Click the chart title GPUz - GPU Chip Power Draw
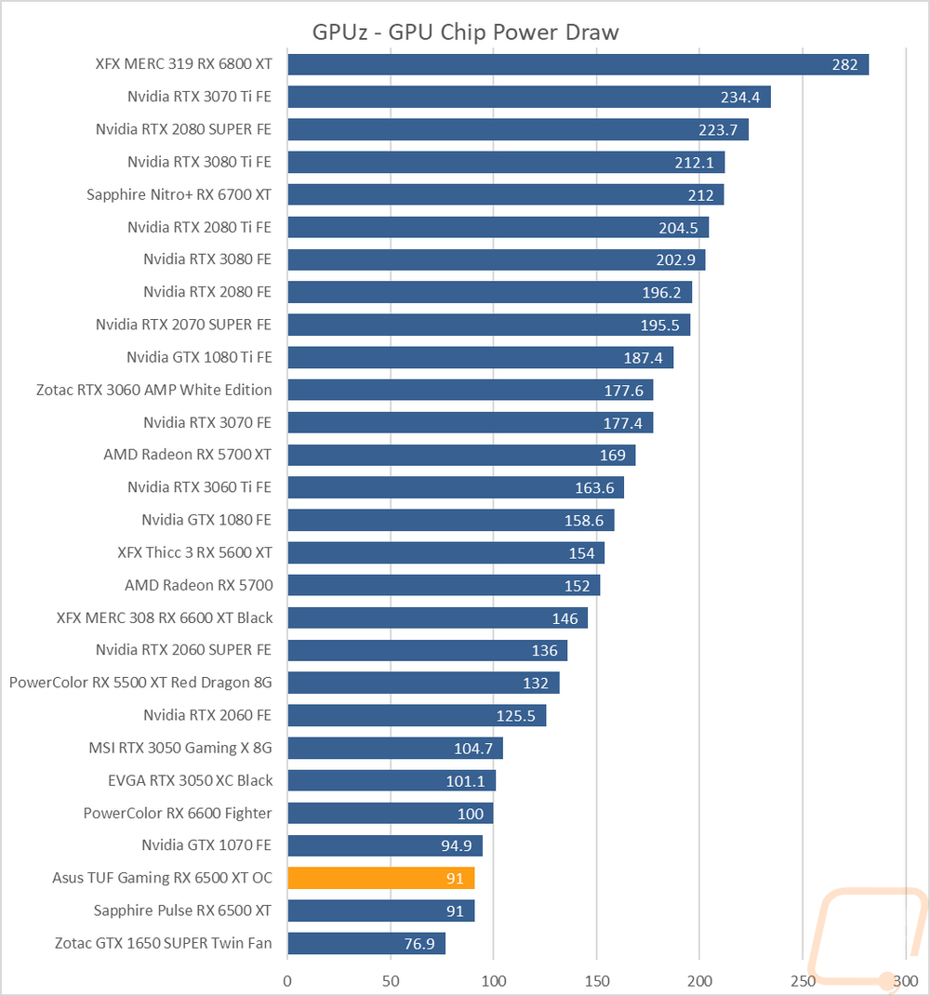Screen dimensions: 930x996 [465, 32]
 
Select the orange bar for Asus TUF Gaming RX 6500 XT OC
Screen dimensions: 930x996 [381, 878]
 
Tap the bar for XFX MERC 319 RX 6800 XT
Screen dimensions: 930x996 [578, 64]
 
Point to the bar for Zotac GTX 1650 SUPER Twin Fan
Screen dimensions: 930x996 [366, 943]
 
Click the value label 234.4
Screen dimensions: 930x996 [740, 98]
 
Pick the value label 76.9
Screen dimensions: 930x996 [419, 944]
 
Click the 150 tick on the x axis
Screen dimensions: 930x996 [596, 981]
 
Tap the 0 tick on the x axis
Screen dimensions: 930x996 [287, 981]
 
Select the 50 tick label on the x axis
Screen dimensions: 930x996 [391, 981]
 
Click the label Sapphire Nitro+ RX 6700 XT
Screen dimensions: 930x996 [179, 194]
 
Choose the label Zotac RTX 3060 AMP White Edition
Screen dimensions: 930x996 [153, 390]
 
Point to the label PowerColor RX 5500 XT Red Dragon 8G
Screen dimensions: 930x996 [140, 683]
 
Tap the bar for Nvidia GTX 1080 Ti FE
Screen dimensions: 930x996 [481, 357]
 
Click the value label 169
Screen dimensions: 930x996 [612, 456]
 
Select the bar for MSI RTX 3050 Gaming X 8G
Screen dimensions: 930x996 [395, 748]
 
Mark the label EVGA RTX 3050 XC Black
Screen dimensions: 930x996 [190, 780]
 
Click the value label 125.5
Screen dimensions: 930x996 [515, 716]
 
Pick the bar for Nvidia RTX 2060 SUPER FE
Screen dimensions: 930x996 [428, 650]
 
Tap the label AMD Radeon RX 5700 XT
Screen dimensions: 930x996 [188, 455]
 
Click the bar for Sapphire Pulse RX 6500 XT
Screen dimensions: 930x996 [381, 910]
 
